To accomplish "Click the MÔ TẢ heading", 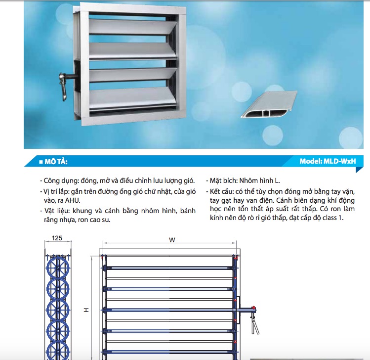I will (x=57, y=162).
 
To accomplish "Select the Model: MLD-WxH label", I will (x=328, y=161).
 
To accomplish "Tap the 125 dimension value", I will (x=57, y=239).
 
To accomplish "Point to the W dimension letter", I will (x=172, y=240).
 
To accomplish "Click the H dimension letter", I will (x=86, y=310).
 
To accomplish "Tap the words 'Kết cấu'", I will (x=222, y=190).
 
